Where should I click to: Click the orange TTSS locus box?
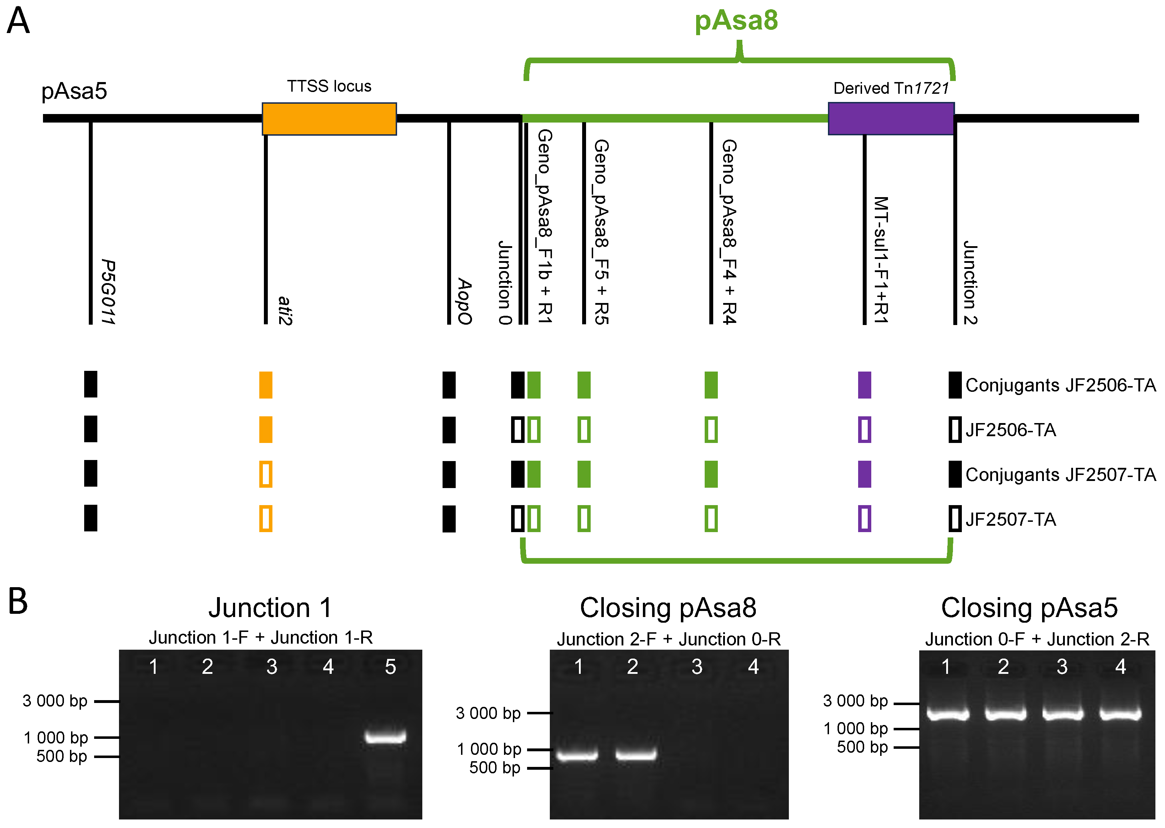pyautogui.click(x=329, y=119)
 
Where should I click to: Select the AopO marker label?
pyautogui.click(x=464, y=301)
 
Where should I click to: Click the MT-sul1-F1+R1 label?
pyautogui.click(x=880, y=260)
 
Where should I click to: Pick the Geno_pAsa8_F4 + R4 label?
pyautogui.click(x=728, y=232)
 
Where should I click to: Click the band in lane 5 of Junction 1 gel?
pyautogui.click(x=385, y=737)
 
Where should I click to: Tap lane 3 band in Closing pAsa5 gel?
pyautogui.click(x=1062, y=713)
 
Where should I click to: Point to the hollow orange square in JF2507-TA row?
pyautogui.click(x=266, y=519)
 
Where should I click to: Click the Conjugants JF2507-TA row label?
pyautogui.click(x=1060, y=475)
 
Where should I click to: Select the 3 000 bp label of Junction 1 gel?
pyautogui.click(x=55, y=701)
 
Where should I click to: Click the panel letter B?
pyautogui.click(x=18, y=602)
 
